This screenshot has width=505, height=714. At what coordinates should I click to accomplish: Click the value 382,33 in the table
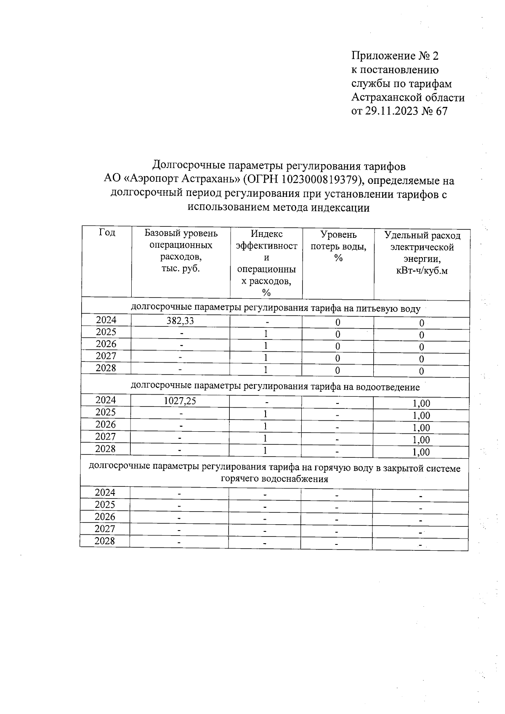[x=180, y=321]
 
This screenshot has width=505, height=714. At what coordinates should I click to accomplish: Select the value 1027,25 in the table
[x=180, y=401]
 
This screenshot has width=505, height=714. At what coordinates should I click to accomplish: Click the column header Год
[x=107, y=232]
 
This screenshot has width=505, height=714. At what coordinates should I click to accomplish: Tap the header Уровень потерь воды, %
[x=338, y=246]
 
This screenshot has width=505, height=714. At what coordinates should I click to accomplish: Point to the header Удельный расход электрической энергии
[x=422, y=252]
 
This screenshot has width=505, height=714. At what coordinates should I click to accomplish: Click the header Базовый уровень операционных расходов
[x=181, y=251]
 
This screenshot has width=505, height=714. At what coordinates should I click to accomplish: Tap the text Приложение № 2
[x=395, y=56]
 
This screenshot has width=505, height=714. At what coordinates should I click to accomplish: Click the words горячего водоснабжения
[x=274, y=479]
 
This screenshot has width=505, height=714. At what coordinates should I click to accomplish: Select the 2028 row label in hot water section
[x=105, y=541]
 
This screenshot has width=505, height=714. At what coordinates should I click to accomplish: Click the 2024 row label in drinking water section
[x=106, y=320]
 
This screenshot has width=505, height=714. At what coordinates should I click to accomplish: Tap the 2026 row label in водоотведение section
[x=105, y=424]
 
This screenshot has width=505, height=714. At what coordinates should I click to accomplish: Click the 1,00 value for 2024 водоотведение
[x=421, y=403]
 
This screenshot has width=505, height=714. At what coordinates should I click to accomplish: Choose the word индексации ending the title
[x=340, y=207]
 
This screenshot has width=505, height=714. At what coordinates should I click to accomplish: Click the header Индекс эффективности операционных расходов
[x=266, y=263]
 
